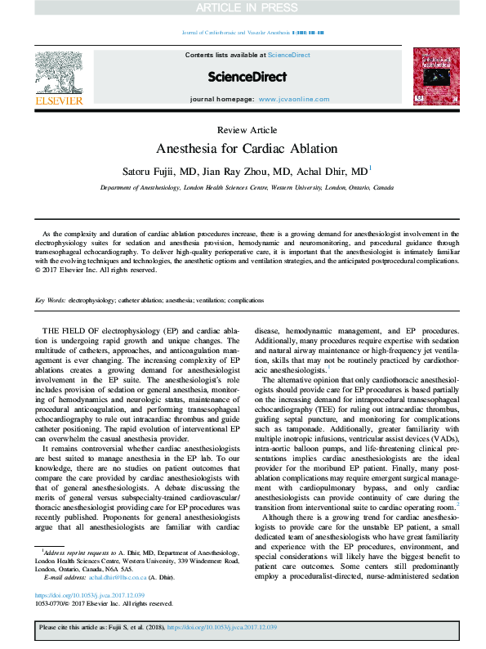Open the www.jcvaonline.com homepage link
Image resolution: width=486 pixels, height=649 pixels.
pos(288,98)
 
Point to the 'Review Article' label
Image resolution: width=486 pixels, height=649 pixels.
pos(247,130)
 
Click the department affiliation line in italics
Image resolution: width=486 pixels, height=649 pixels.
pos(247,187)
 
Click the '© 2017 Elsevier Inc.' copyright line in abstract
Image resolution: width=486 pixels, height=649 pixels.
pos(99,269)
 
